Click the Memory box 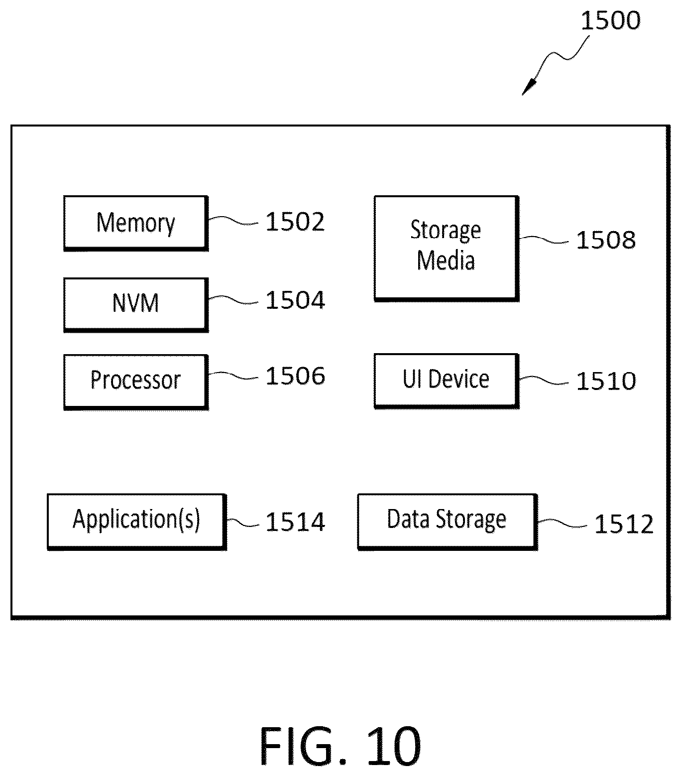136,223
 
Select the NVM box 136,305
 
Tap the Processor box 136,382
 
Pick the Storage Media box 447,249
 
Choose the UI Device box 447,381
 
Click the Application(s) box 137,521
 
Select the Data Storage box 448,521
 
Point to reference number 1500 610,21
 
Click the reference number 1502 295,222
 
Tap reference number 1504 295,300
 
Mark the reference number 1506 295,376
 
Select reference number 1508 606,240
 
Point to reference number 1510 606,381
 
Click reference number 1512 624,524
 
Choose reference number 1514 295,521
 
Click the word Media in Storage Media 446,260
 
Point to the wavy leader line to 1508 544,240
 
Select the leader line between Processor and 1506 233,375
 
